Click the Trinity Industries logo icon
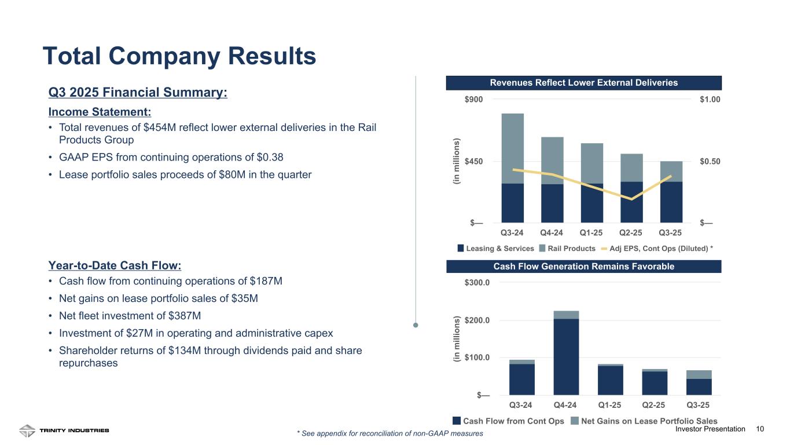pos(27,431)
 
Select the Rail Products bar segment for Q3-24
pos(512,148)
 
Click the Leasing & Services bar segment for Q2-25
pos(631,202)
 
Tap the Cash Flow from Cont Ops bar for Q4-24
pos(566,356)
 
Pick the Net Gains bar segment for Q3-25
pos(699,374)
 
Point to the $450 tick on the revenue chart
pos(477,161)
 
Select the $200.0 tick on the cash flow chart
pos(477,320)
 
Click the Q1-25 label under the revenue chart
pos(591,233)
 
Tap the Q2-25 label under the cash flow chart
pos(655,404)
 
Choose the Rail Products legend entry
pos(567,248)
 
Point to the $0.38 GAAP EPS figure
pos(270,157)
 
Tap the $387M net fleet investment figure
pos(186,316)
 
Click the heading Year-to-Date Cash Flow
pos(115,265)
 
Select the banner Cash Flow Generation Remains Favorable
pos(584,267)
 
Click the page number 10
pos(760,429)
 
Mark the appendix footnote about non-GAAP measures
pos(390,433)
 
